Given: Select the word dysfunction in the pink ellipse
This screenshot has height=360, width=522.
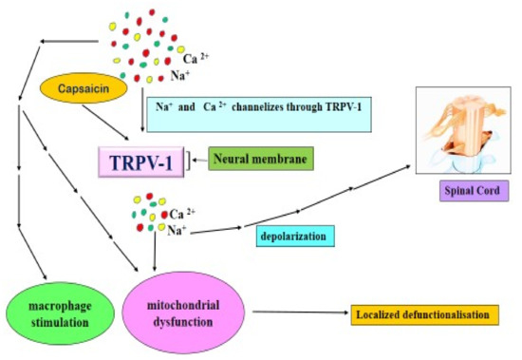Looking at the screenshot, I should (180, 316).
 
